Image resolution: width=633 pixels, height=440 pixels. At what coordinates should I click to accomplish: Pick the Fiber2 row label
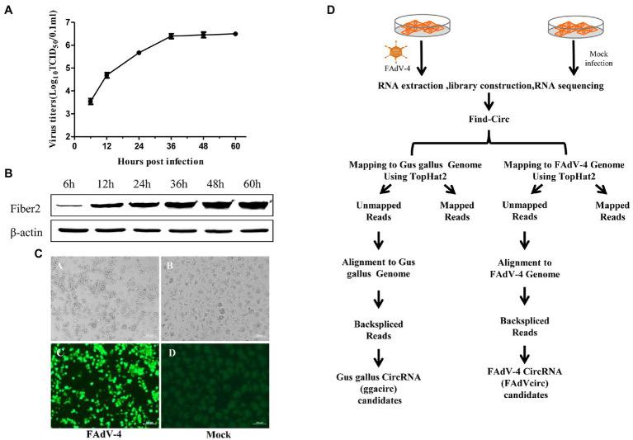(x=26, y=201)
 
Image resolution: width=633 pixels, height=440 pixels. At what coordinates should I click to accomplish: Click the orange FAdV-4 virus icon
(x=399, y=52)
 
